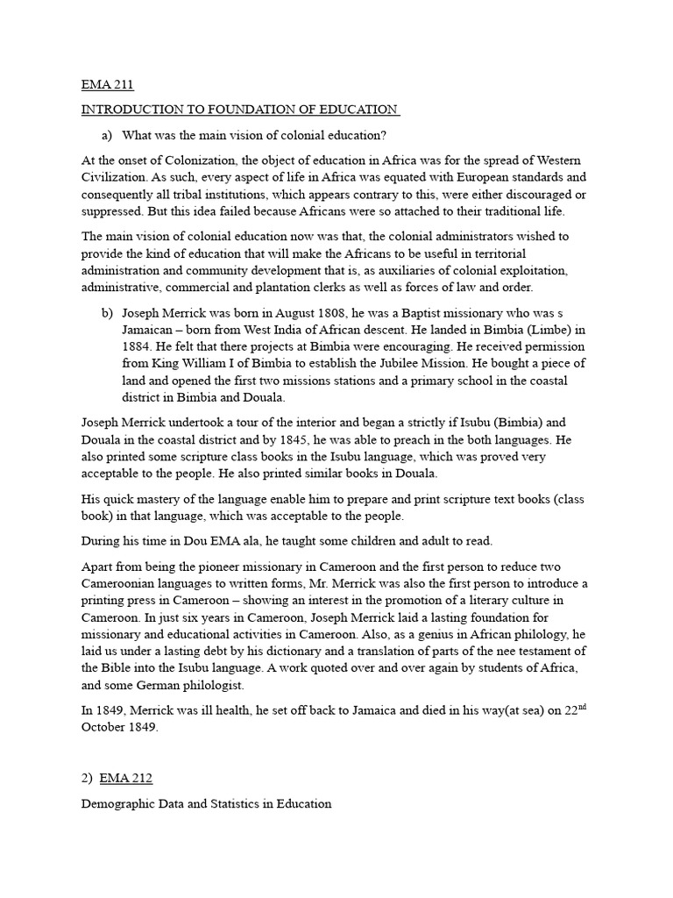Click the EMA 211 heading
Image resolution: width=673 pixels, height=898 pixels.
(107, 85)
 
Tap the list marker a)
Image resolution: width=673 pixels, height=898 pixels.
(108, 134)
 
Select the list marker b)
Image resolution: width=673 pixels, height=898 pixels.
(108, 312)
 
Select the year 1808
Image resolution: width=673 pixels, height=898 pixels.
(320, 312)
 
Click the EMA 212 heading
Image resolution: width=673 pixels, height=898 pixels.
(128, 778)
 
